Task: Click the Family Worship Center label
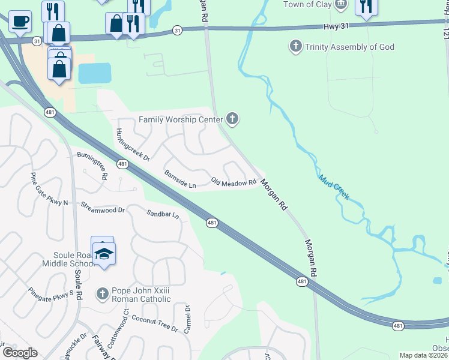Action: (181, 119)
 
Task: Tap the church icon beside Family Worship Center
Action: (232, 119)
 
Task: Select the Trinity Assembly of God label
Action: (349, 46)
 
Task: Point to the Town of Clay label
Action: (307, 5)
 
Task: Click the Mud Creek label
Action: (333, 187)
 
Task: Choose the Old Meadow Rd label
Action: (234, 181)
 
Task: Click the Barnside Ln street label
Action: (180, 179)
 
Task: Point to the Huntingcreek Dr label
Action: (133, 145)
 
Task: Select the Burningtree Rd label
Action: (92, 165)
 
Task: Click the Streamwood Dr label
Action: (102, 207)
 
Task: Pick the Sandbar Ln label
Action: (163, 213)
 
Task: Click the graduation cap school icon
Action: (104, 254)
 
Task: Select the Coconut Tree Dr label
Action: (154, 324)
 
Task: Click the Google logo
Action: (20, 353)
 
